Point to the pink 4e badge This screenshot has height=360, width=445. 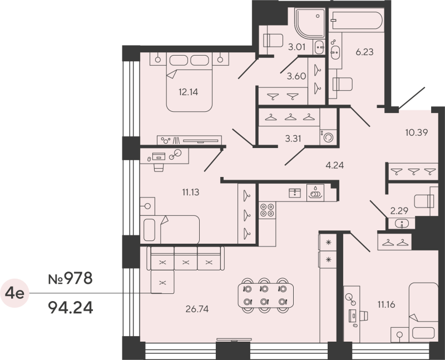(14, 293)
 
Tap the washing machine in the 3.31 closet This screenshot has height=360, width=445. (328, 136)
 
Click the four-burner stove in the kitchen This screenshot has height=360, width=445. (267, 210)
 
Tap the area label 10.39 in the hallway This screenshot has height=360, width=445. (416, 132)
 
